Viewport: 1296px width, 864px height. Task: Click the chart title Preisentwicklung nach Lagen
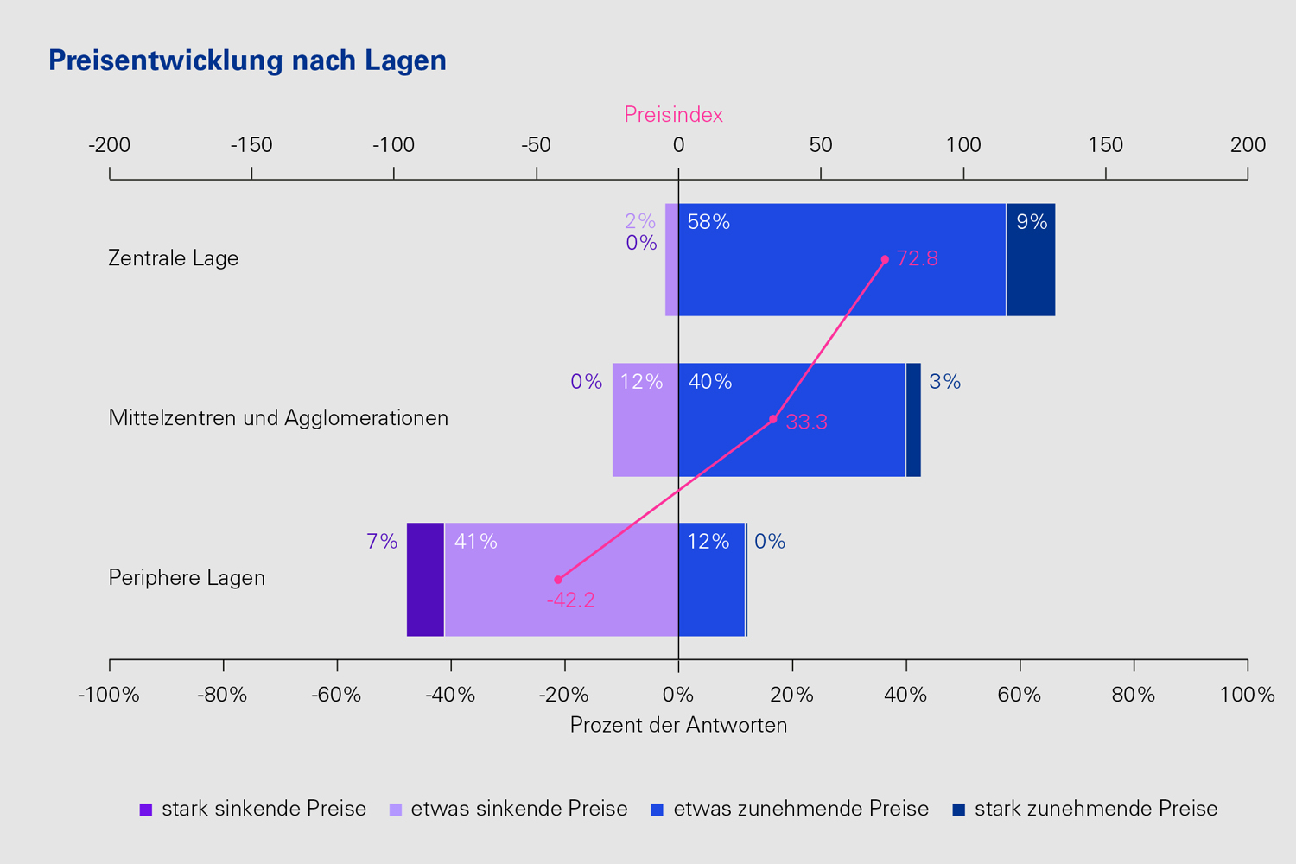click(247, 60)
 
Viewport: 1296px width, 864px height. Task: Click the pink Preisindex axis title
click(673, 115)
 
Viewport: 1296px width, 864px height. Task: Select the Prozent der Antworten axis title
click(678, 725)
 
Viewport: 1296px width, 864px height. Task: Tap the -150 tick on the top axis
click(251, 145)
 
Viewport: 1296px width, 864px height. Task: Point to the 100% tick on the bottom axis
click(1247, 695)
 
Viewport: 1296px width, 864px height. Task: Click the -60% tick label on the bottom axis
click(337, 695)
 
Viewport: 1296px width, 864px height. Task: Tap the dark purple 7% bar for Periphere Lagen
click(425, 580)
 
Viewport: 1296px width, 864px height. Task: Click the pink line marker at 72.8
click(885, 259)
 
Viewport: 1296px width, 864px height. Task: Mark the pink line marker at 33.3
click(773, 419)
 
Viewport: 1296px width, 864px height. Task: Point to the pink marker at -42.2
click(558, 580)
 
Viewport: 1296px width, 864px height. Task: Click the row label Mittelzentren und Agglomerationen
click(278, 418)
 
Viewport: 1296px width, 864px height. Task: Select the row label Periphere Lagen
click(187, 578)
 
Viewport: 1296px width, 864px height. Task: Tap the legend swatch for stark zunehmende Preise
click(958, 810)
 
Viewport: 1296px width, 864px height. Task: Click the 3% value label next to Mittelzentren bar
click(944, 382)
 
